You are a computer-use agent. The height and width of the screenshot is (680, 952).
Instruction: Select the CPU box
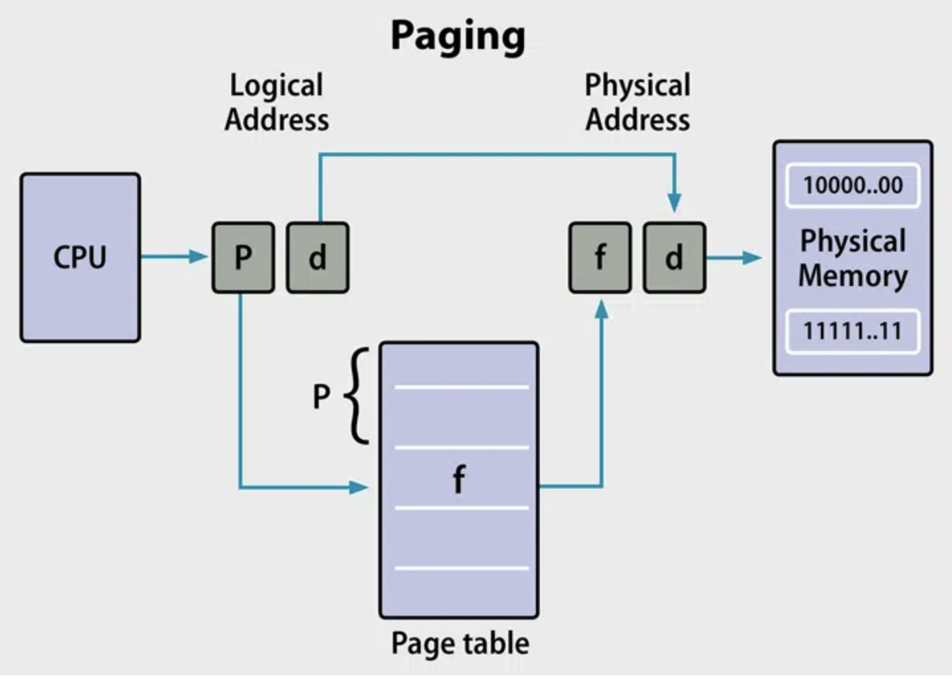[x=80, y=258]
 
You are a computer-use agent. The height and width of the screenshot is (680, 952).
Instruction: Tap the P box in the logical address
[x=243, y=258]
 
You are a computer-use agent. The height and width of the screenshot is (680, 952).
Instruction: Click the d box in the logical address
[x=317, y=258]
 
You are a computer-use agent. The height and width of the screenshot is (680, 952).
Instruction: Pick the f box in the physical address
[x=600, y=258]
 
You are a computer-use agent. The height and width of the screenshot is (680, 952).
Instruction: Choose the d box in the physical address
[x=674, y=258]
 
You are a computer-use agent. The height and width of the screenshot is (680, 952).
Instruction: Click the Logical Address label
[x=276, y=103]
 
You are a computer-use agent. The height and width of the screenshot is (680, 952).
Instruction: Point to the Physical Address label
[x=637, y=103]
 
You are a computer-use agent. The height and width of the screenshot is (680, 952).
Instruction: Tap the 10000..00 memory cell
[x=853, y=185]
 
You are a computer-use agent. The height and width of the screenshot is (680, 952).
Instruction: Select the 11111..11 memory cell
[x=853, y=331]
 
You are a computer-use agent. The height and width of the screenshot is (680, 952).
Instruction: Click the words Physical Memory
[x=853, y=258]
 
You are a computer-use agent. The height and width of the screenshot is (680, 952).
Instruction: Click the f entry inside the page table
[x=458, y=479]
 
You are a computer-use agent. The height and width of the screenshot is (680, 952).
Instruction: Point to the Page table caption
[x=460, y=643]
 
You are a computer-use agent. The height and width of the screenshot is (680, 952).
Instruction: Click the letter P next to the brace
[x=321, y=397]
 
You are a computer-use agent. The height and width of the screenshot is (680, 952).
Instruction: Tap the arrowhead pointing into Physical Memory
[x=752, y=258]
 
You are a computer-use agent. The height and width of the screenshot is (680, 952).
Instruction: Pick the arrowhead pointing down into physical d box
[x=674, y=203]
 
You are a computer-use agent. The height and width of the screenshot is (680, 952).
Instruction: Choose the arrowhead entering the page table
[x=358, y=488]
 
